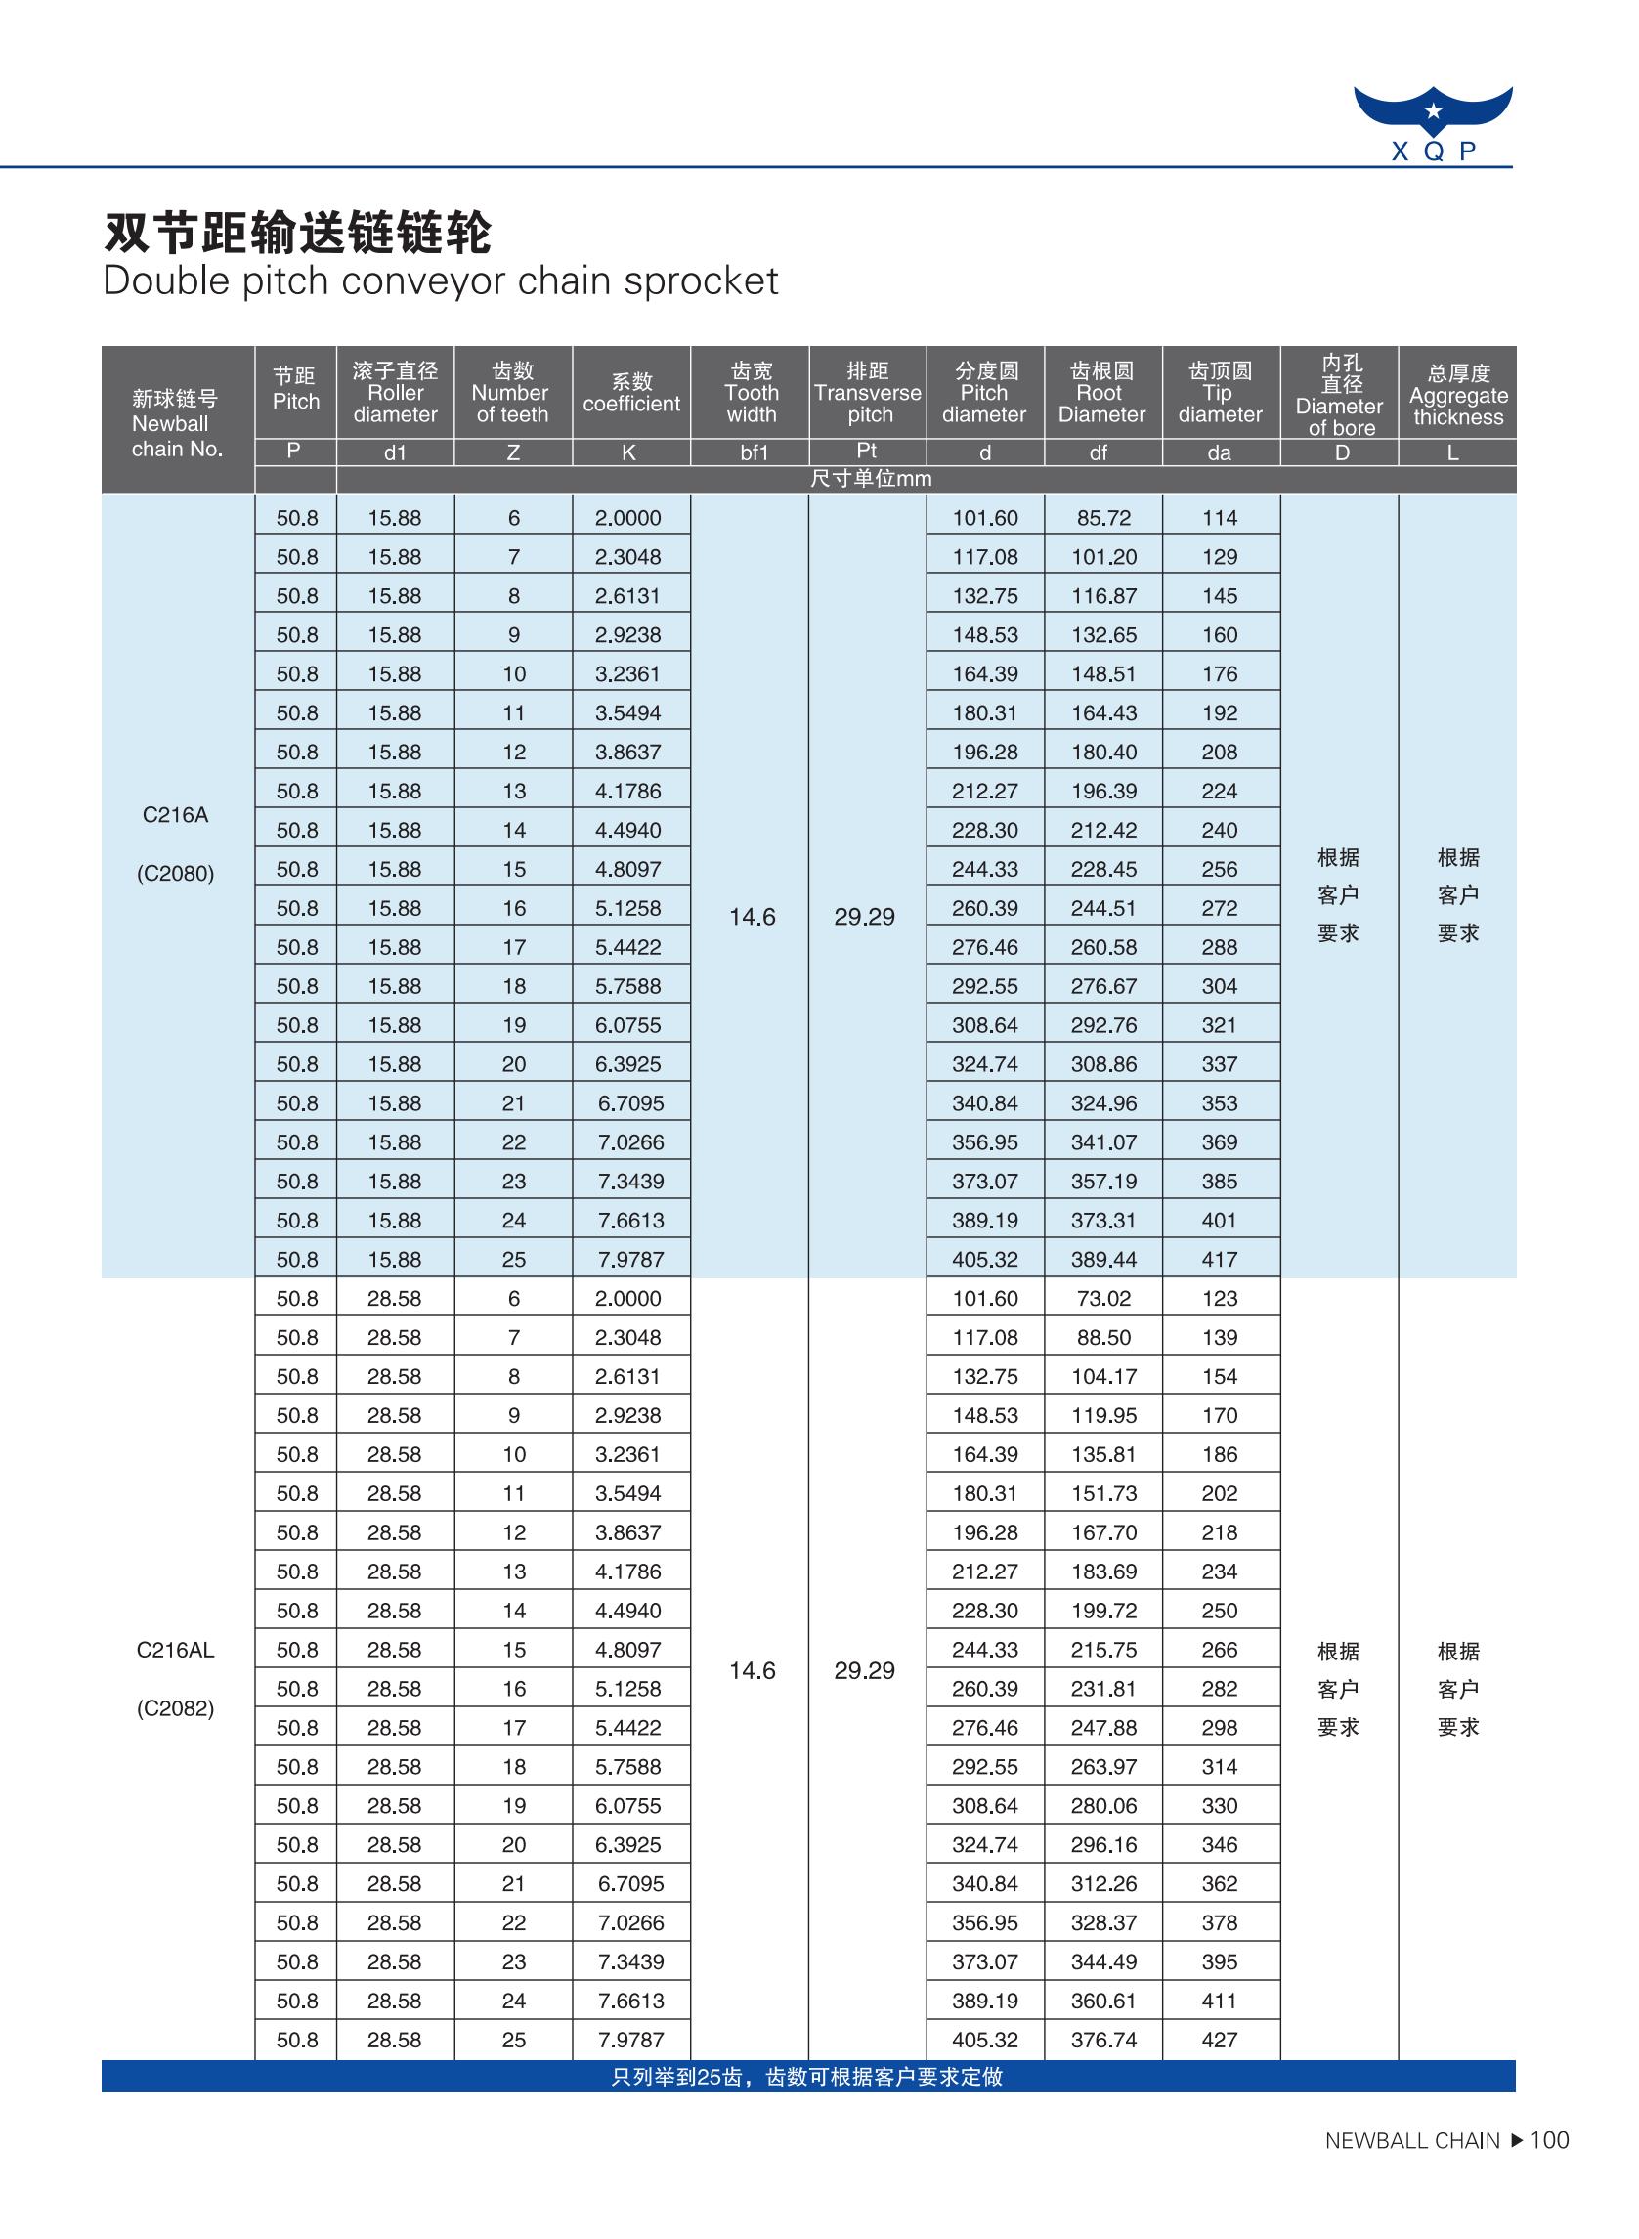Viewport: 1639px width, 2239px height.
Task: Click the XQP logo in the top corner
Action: click(1433, 123)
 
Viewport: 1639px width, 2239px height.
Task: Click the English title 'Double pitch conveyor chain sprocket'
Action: click(441, 281)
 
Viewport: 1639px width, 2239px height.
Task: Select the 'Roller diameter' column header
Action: click(395, 393)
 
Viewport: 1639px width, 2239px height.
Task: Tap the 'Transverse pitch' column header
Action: click(867, 393)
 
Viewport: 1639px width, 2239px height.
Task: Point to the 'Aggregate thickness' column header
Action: click(1457, 395)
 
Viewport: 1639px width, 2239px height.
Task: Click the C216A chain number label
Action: click(176, 814)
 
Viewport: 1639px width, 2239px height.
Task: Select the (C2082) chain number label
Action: click(176, 1708)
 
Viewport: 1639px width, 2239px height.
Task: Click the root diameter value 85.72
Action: click(1103, 518)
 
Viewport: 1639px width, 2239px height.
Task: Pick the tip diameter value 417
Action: click(1220, 1259)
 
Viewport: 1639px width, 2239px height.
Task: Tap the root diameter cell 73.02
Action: click(1103, 1299)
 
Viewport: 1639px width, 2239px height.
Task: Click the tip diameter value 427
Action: click(1220, 2040)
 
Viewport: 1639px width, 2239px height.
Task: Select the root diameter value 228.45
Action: click(1103, 869)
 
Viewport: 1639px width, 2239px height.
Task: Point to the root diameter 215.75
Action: click(1103, 1650)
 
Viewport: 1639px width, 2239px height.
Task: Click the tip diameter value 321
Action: click(1220, 1025)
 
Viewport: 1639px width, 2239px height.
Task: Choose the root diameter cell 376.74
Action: click(1103, 2040)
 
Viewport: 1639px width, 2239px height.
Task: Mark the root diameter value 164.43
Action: click(1103, 713)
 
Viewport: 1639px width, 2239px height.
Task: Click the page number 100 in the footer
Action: click(1549, 2141)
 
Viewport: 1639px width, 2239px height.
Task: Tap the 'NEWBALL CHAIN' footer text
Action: click(1412, 2141)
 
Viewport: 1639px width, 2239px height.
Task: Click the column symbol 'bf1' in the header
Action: click(753, 453)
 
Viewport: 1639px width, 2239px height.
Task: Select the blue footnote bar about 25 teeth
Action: click(807, 2078)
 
